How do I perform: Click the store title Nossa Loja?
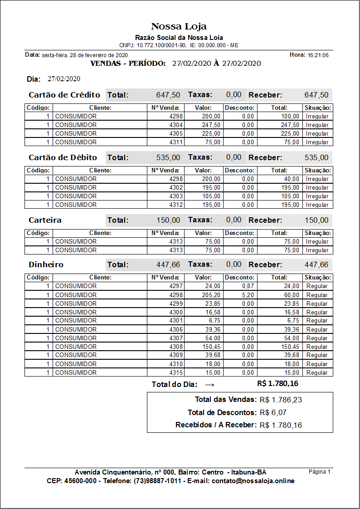[x=179, y=26]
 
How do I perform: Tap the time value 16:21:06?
[x=318, y=55]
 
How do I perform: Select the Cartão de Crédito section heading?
[x=64, y=95]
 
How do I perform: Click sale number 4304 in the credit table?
[x=175, y=125]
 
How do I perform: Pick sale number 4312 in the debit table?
[x=175, y=205]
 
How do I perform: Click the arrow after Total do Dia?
[x=209, y=384]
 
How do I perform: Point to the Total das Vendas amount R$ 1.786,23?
[x=281, y=400]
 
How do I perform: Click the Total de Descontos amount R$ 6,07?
[x=273, y=412]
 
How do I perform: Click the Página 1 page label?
[x=320, y=472]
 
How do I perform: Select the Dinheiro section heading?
[x=46, y=264]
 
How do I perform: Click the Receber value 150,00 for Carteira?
[x=316, y=220]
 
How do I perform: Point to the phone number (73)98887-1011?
[x=158, y=481]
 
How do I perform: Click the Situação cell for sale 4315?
[x=317, y=372]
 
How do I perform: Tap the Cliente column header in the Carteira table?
[x=100, y=233]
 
